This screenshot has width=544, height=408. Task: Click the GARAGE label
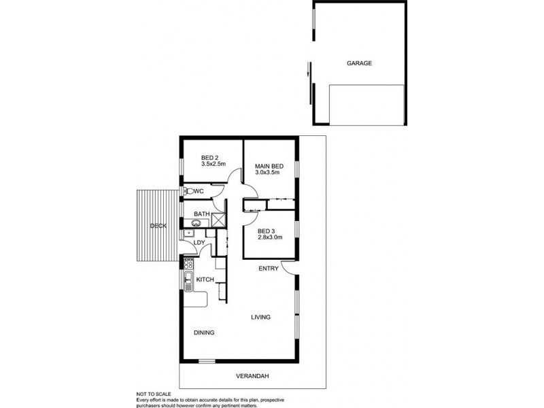coord(359,63)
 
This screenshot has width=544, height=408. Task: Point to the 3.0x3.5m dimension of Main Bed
coord(268,174)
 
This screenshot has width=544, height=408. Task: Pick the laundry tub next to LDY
coord(186,235)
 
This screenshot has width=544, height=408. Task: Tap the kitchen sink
coord(187,279)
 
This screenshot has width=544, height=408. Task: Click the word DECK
coord(158,226)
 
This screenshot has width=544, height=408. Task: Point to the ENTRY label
coord(268,269)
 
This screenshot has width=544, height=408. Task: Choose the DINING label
coord(203,333)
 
